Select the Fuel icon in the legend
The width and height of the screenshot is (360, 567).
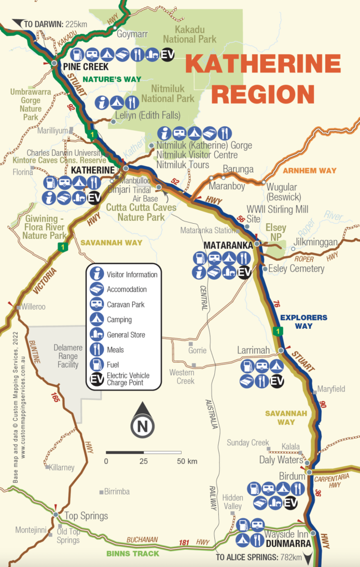[97, 364]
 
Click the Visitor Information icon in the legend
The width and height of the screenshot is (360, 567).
[97, 274]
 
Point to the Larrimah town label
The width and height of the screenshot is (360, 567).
[255, 350]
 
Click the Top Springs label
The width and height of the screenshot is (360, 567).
[86, 516]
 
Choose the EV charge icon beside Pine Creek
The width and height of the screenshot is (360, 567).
[168, 54]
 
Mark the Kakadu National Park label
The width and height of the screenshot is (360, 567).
[189, 34]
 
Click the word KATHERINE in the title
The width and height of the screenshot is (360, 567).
[263, 65]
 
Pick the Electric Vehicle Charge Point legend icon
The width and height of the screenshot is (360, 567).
[97, 379]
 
